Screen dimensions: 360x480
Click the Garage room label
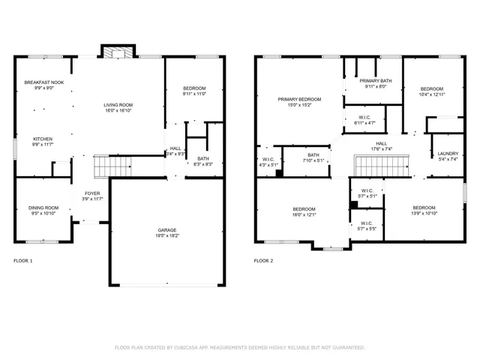pos(166,231)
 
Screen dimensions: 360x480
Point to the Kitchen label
pos(42,139)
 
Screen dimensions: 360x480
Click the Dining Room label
pos(43,208)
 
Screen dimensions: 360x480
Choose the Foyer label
pos(91,193)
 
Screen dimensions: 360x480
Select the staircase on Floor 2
pos(382,163)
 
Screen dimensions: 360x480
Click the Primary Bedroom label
pos(299,99)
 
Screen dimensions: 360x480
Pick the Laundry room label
pos(447,153)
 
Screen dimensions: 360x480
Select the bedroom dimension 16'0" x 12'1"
pos(304,214)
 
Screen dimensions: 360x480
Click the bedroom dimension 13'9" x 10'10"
pos(423,214)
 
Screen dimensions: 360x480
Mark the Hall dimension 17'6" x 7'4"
pos(382,148)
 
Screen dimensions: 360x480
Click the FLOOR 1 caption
pos(23,261)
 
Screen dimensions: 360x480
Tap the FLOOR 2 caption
pos(263,261)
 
